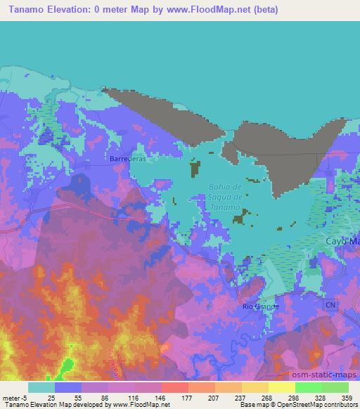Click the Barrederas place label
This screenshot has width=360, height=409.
click(x=127, y=159)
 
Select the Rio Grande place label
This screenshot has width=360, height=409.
click(x=260, y=306)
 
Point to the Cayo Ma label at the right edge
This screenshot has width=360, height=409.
click(x=342, y=241)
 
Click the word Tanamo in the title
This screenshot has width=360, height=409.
click(x=25, y=10)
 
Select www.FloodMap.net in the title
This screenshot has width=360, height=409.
click(x=217, y=10)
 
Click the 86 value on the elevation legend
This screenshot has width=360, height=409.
click(x=103, y=398)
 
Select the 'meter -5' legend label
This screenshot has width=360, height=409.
click(x=13, y=398)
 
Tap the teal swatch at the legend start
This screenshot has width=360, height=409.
click(x=41, y=387)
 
